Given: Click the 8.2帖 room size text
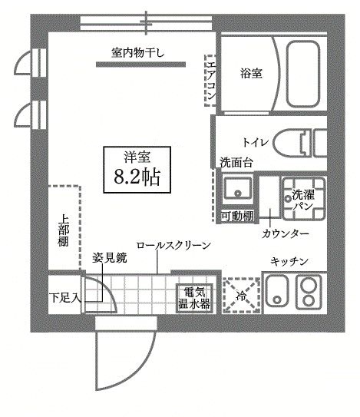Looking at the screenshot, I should (137, 178).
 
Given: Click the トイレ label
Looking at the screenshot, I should (255, 143).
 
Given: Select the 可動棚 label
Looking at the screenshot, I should (236, 217).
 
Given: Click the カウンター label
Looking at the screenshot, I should (286, 233).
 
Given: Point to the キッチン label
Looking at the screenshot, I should (289, 263).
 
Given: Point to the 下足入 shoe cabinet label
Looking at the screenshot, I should (64, 296).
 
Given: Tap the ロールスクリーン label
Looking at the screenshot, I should (173, 245).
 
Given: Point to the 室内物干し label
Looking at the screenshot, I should (143, 52).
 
